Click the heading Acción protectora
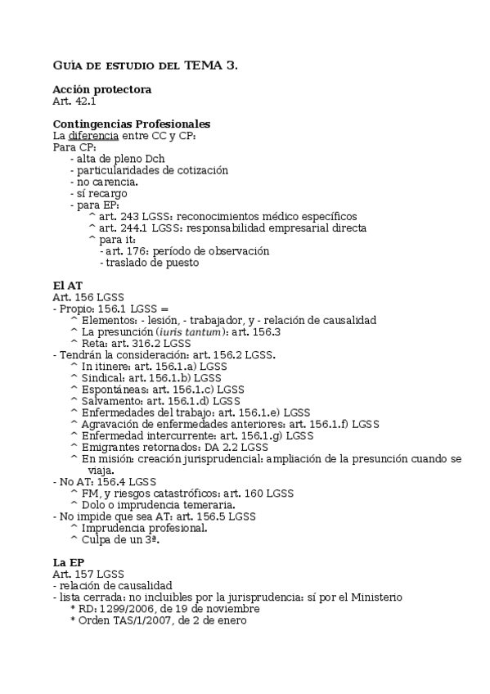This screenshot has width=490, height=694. click(x=101, y=89)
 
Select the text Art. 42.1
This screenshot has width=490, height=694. click(x=74, y=101)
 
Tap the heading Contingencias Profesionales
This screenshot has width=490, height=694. click(x=131, y=124)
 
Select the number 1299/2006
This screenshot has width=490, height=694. click(x=127, y=609)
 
